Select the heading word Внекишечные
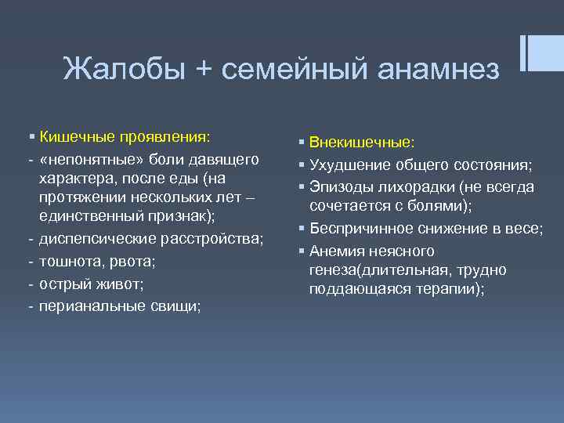click(362, 143)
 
